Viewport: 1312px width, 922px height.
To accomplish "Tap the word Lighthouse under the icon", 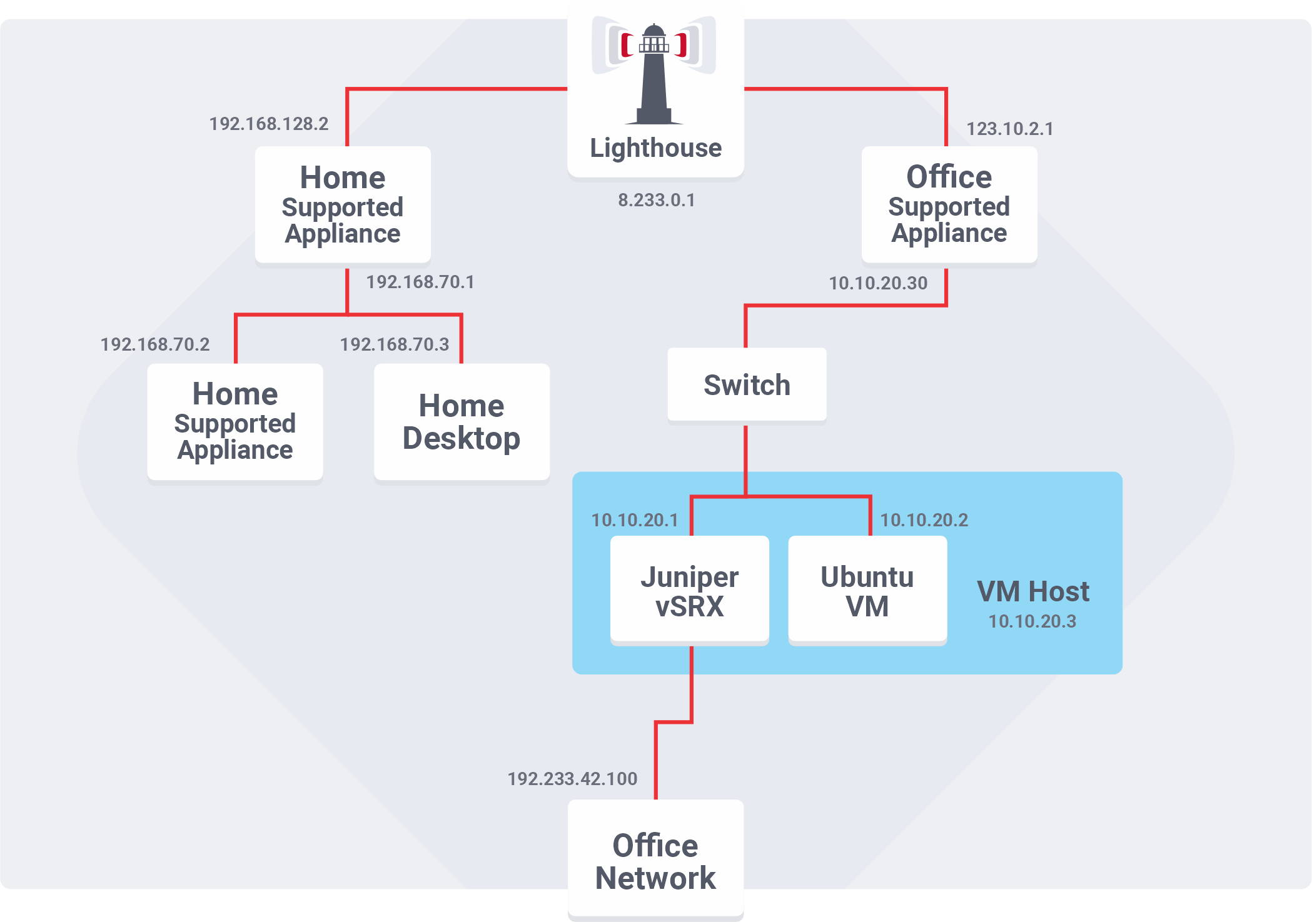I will pyautogui.click(x=655, y=148).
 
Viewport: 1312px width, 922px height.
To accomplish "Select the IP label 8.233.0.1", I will pyautogui.click(x=656, y=200).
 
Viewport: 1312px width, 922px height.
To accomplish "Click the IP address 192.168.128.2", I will pyautogui.click(x=268, y=124).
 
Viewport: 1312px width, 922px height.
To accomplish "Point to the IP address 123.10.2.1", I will pyautogui.click(x=1009, y=129).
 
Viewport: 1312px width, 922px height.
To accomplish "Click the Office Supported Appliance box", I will pyautogui.click(x=949, y=204).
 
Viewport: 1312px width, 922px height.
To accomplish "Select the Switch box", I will pyautogui.click(x=747, y=384).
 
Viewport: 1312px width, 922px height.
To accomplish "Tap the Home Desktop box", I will pyautogui.click(x=462, y=422).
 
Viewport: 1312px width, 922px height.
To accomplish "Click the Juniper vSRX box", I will pyautogui.click(x=689, y=591).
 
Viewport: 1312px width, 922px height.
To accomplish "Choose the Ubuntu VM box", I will pyautogui.click(x=867, y=591).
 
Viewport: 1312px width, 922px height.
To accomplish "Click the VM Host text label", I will pyautogui.click(x=1032, y=591).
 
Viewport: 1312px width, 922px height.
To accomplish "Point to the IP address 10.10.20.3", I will pyautogui.click(x=1032, y=621).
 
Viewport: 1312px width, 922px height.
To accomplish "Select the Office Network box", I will pyautogui.click(x=655, y=861).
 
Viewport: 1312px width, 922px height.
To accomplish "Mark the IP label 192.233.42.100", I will pyautogui.click(x=572, y=779).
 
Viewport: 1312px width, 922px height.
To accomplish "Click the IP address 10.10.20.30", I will pyautogui.click(x=877, y=283).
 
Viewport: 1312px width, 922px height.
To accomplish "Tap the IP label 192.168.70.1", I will pyautogui.click(x=420, y=282).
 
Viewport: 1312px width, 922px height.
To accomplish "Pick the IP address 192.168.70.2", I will pyautogui.click(x=155, y=344).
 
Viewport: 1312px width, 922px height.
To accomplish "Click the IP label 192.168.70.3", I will pyautogui.click(x=394, y=344).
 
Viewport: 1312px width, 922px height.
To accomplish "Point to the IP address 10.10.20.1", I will pyautogui.click(x=634, y=520).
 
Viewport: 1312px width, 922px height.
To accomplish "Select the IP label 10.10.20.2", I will pyautogui.click(x=924, y=520).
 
